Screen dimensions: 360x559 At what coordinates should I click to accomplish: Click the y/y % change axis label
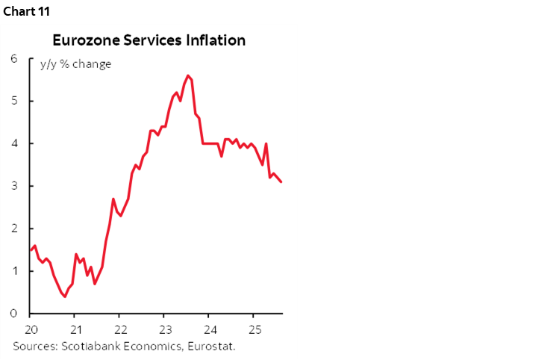[x=75, y=64]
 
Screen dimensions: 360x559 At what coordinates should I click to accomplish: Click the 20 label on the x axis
[x=31, y=329]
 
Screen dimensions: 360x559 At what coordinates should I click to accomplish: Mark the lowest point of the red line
[x=65, y=297]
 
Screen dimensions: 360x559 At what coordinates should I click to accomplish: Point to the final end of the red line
[x=281, y=182]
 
